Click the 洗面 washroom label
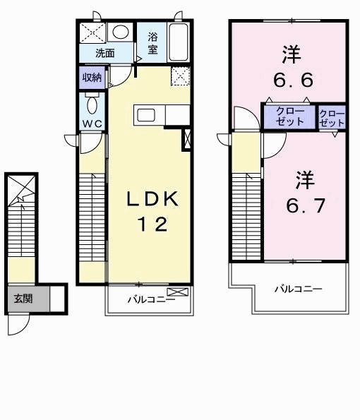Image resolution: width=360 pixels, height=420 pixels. coord(105,52)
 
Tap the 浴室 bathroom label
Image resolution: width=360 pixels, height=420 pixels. coord(153,43)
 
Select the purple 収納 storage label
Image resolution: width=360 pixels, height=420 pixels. coord(92,78)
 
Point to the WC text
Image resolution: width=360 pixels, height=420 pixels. coord(91,124)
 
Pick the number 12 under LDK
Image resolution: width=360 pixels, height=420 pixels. coord(152,225)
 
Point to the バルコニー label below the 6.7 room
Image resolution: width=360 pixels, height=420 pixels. coord(298,289)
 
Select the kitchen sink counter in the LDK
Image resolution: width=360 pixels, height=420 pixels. coord(149,115)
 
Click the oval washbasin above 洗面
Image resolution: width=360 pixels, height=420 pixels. coord(121,32)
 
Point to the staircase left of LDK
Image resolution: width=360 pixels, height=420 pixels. coord(92,219)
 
